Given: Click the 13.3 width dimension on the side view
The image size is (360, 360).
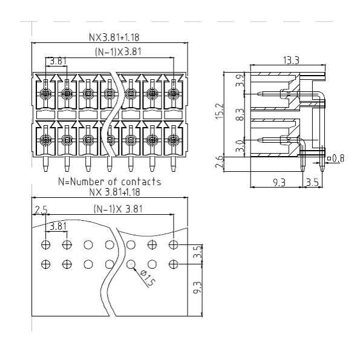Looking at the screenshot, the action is pyautogui.click(x=291, y=61).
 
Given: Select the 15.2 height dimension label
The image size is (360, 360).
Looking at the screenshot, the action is pyautogui.click(x=220, y=111).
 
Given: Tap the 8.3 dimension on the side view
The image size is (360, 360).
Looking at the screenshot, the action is pyautogui.click(x=240, y=114).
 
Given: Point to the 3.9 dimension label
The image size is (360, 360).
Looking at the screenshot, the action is pyautogui.click(x=240, y=80).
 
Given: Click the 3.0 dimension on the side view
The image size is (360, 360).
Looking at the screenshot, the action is pyautogui.click(x=240, y=146).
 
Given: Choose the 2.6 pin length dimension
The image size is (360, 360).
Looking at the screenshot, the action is pyautogui.click(x=219, y=162).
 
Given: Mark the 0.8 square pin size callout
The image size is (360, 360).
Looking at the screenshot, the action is pyautogui.click(x=336, y=158).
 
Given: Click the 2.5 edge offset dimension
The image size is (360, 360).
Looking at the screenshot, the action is pyautogui.click(x=41, y=210).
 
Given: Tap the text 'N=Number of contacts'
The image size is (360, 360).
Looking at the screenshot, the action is pyautogui.click(x=110, y=182).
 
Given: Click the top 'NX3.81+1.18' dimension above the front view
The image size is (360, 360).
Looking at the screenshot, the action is pyautogui.click(x=114, y=38).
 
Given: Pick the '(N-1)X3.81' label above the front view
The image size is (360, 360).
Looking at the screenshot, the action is pyautogui.click(x=118, y=52).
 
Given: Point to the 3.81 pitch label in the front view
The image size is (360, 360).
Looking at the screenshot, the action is pyautogui.click(x=58, y=61).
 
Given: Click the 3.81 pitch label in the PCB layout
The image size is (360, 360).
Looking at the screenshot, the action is pyautogui.click(x=58, y=226).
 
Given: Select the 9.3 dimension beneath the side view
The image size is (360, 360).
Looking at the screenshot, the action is pyautogui.click(x=279, y=183).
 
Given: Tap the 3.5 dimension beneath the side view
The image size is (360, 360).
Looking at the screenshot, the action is pyautogui.click(x=312, y=183).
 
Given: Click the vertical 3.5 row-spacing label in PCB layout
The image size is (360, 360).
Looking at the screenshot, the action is pyautogui.click(x=198, y=252).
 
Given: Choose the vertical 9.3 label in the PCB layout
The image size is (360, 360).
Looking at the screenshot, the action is pyautogui.click(x=197, y=287).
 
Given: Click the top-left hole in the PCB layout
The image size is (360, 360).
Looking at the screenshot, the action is pyautogui.click(x=46, y=244).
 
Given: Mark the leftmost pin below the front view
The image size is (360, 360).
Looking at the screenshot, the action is pyautogui.click(x=46, y=164).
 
